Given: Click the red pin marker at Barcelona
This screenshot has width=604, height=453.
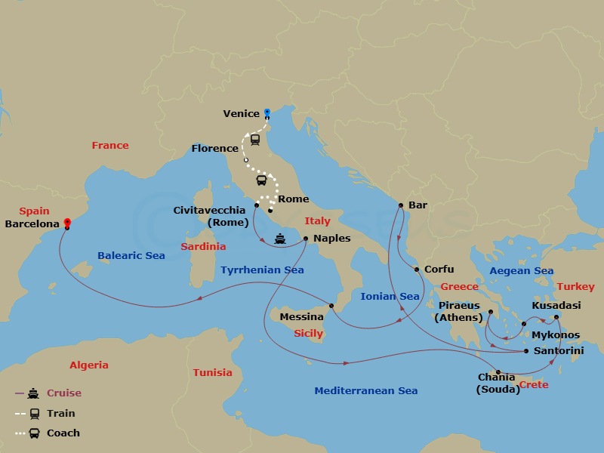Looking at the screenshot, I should (x=67, y=223).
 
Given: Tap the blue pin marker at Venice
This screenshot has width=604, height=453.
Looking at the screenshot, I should (x=267, y=112).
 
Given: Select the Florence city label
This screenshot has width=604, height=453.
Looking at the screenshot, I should (x=214, y=148).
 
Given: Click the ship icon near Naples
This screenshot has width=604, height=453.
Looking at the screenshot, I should (x=280, y=239).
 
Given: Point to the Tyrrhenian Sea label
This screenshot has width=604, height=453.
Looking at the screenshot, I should (x=262, y=270).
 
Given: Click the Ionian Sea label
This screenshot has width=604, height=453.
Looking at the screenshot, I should (x=390, y=297).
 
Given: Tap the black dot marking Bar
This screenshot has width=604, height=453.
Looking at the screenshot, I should (x=401, y=205).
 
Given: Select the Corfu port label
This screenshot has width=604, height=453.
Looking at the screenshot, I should (x=439, y=269).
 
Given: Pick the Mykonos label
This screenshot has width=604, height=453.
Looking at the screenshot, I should (x=556, y=334).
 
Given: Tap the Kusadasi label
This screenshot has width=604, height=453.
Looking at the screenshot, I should (x=556, y=305).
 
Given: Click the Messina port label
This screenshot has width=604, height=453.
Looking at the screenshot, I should (x=301, y=317).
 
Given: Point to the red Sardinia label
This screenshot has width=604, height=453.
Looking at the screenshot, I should (x=203, y=246).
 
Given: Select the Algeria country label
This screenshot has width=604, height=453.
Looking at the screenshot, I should (x=89, y=365).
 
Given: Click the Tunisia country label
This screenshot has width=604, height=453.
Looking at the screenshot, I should (x=212, y=372).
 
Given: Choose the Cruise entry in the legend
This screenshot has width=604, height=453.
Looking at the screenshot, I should (x=64, y=393).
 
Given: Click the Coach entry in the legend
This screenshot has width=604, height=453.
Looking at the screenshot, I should (x=63, y=433).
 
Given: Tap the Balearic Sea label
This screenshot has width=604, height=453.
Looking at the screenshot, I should (x=131, y=255).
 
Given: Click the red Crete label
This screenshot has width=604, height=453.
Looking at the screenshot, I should (x=533, y=385).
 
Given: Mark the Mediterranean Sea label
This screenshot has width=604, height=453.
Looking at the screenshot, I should (x=365, y=390).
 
